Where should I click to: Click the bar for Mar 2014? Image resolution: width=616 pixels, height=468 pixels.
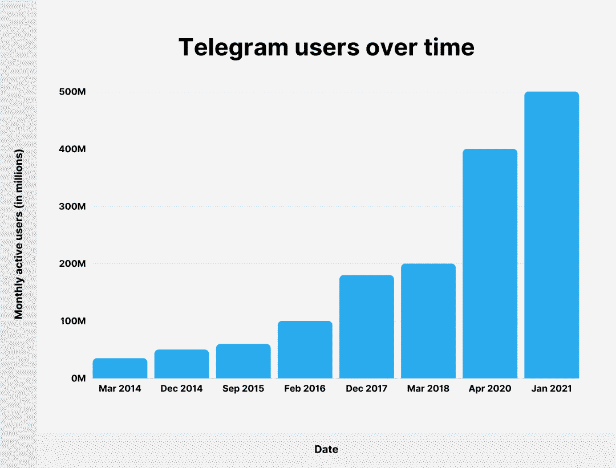pos(120,368)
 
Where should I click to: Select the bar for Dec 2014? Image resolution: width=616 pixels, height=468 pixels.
pos(181,364)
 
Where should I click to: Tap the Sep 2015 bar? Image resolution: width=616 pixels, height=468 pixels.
pos(243,361)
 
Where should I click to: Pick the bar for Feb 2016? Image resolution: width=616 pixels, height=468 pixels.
pos(305,349)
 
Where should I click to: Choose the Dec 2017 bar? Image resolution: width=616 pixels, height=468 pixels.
pos(366,327)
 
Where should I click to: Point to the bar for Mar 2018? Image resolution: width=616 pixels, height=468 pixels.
pos(428,321)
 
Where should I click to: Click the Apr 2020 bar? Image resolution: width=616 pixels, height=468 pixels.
pos(489,263)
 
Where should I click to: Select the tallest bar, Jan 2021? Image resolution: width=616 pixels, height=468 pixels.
pos(551,235)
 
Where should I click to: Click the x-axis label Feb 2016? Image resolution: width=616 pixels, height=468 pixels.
pos(305,389)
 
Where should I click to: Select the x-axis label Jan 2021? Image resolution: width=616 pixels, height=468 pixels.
pos(551,389)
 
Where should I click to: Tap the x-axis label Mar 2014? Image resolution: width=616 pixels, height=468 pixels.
pos(120,389)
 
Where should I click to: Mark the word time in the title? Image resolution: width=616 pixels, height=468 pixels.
pos(448,47)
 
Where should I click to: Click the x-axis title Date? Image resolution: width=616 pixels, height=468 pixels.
pos(326,449)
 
